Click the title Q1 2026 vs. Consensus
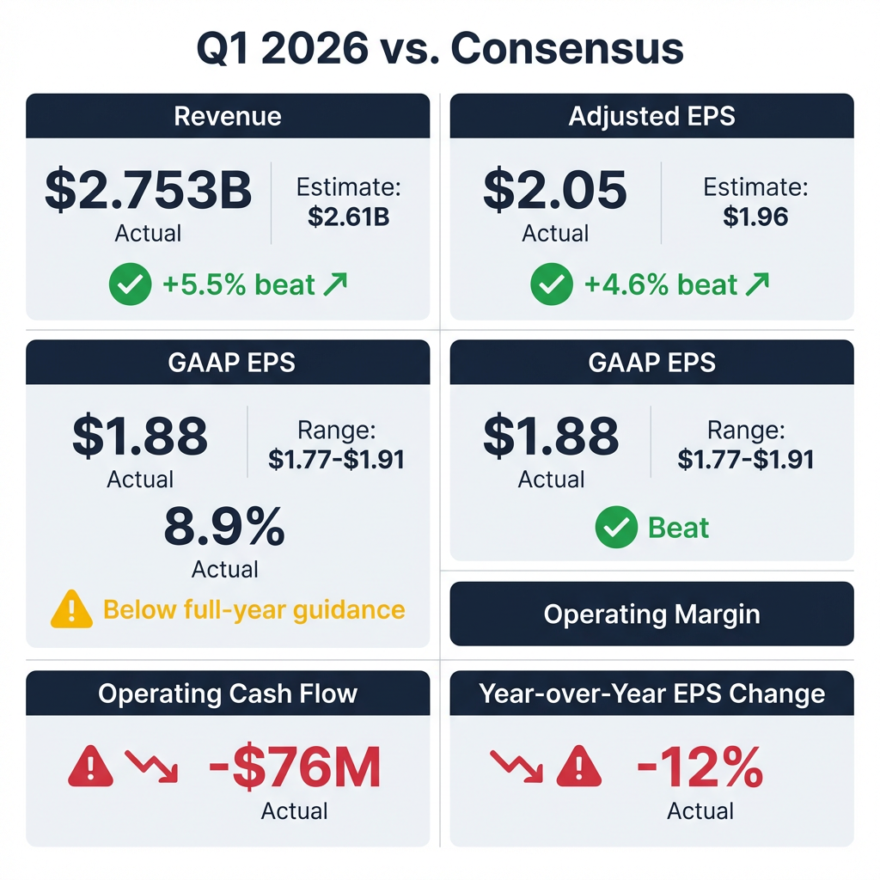440,49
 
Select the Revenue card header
228,116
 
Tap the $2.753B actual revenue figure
148,191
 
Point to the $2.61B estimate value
348,217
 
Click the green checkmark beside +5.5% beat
130,284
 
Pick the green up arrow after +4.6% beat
757,284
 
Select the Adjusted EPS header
651,116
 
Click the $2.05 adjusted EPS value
555,191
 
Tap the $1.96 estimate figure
755,217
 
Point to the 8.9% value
224,528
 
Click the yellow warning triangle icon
72,608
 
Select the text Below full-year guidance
254,609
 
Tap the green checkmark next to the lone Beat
616,528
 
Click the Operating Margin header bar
651,614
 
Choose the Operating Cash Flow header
228,694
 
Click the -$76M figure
295,767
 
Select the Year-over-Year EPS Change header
651,694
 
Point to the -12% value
700,767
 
